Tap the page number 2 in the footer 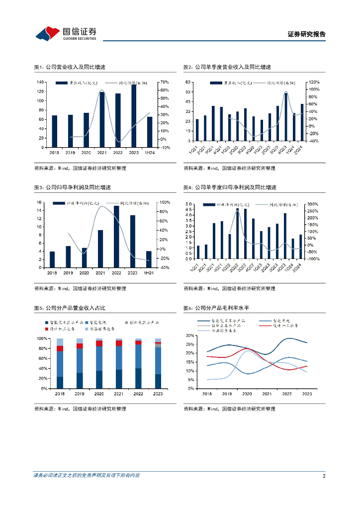324,476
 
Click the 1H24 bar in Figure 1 150,132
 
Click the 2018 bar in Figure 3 52,259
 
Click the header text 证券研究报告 306,34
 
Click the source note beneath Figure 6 229,409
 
